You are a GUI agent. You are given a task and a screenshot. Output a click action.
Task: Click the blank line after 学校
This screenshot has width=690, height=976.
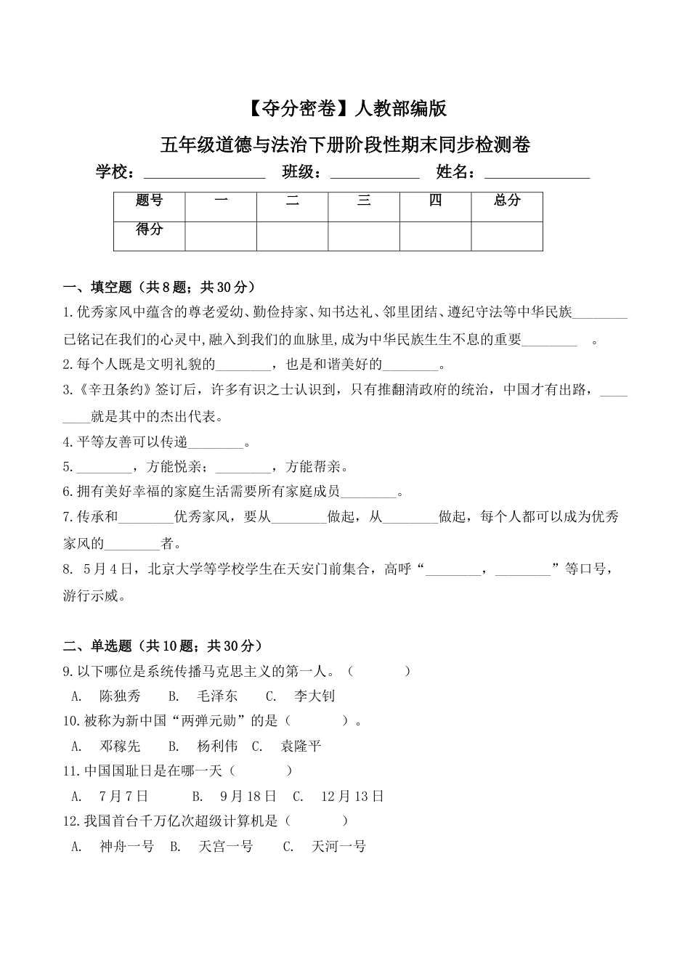tap(205, 174)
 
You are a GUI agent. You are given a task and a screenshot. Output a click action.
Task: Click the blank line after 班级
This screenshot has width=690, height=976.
tap(375, 174)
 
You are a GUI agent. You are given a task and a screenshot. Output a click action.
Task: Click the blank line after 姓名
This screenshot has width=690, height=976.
tap(537, 174)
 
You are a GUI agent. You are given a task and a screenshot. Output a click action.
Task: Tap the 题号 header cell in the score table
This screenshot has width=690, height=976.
tap(150, 201)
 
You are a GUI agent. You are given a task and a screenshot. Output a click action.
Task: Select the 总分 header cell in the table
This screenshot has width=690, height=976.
tap(507, 201)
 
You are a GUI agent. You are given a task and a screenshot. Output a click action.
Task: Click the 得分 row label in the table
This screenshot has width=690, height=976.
tap(150, 229)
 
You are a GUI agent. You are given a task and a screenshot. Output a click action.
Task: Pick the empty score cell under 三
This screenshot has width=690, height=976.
tap(364, 236)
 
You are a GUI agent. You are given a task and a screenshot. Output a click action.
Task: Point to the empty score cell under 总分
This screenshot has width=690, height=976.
tap(507, 236)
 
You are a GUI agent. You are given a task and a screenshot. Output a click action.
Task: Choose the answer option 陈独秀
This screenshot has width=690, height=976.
tap(120, 696)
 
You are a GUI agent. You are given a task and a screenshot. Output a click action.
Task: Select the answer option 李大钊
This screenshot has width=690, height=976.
tap(314, 696)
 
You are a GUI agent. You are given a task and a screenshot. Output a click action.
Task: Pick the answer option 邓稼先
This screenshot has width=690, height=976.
tap(120, 746)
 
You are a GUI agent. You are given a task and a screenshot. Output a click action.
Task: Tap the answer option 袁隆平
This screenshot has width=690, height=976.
tap(300, 746)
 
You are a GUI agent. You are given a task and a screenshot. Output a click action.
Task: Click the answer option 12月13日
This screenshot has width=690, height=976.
tap(352, 796)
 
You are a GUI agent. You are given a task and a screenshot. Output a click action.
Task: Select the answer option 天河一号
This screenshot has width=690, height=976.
tap(338, 846)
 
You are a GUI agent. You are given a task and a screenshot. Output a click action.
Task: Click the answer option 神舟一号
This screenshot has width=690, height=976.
tap(126, 846)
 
